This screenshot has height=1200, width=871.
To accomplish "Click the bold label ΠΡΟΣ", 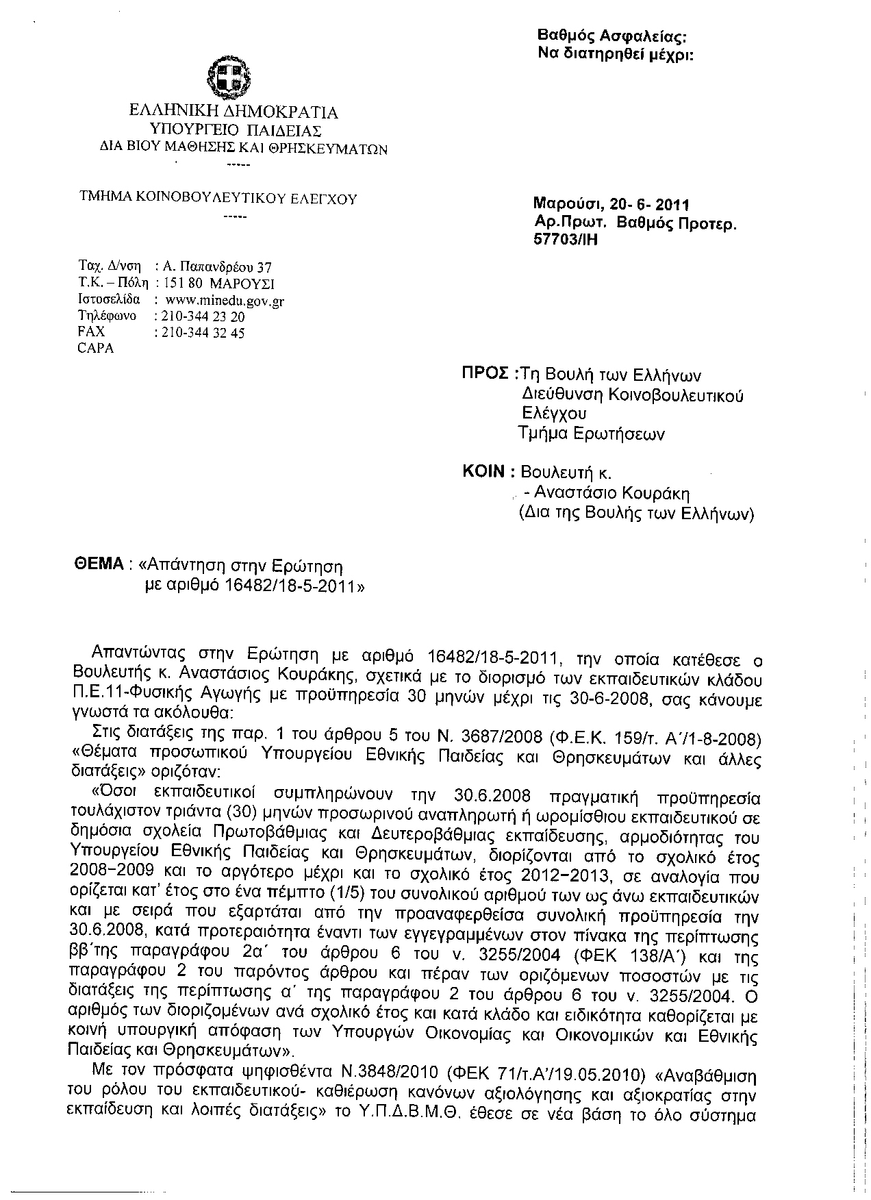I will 485,374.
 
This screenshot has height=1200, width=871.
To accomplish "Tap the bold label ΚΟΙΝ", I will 484,472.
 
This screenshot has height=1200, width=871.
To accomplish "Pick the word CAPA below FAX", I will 96,348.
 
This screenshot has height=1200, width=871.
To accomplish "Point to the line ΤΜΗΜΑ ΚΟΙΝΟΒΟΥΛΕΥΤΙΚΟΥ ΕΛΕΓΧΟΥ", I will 218,199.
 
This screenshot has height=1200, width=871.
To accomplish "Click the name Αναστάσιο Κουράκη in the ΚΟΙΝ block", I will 611,493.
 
